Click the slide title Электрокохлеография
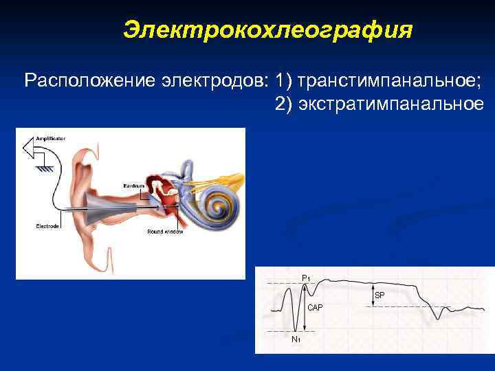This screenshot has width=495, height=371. coord(268,30)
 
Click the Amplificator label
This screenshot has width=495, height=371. coord(51,138)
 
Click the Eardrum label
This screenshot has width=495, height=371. coord(134,187)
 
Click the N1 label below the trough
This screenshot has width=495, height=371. coord(296,339)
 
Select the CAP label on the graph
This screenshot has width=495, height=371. coord(315,306)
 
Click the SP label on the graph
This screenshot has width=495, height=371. coord(379,295)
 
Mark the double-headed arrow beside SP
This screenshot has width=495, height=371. coord(372,295)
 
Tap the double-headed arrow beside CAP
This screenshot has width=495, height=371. coord(303,307)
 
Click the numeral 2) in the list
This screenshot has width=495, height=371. coord(283,104)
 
